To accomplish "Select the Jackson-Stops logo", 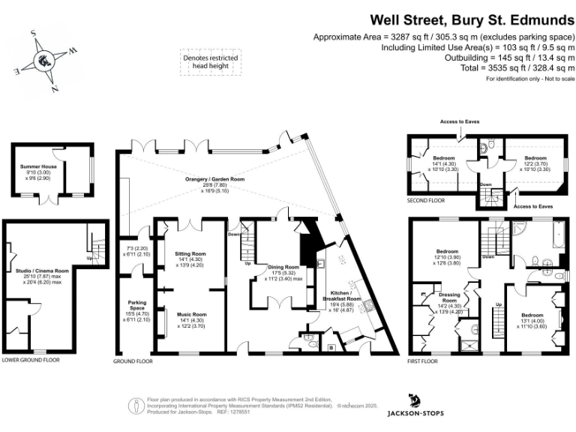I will (415, 406).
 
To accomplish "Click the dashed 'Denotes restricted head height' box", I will (210, 62).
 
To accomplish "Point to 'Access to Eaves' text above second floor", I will (460, 121).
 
